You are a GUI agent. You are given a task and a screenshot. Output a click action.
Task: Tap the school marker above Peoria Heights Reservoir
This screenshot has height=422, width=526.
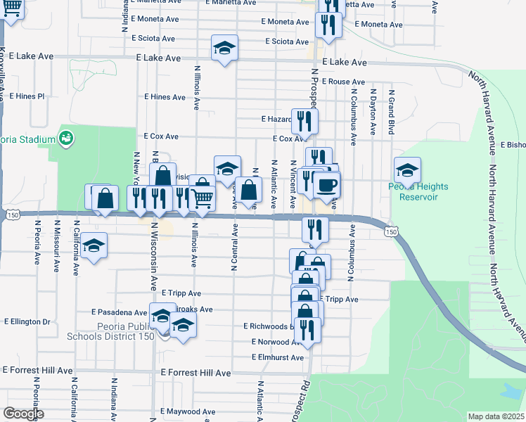[x=407, y=170]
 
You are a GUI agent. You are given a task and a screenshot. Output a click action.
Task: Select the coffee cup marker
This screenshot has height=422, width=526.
[x=326, y=185]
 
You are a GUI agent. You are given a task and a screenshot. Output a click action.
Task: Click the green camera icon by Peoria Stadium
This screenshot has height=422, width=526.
[x=67, y=139]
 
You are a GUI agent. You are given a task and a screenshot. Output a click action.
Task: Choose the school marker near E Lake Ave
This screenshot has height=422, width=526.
[x=224, y=48]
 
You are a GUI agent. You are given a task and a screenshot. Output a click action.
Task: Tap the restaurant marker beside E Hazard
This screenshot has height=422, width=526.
[x=304, y=121]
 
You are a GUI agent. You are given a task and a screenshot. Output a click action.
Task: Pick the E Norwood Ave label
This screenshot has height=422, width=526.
[x=276, y=342]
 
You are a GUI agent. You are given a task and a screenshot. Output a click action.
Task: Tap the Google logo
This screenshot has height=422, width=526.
[x=23, y=414]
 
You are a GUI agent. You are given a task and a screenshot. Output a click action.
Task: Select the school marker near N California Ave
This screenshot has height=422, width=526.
[x=93, y=246]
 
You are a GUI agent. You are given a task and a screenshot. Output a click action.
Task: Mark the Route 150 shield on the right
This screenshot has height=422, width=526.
[x=392, y=231]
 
